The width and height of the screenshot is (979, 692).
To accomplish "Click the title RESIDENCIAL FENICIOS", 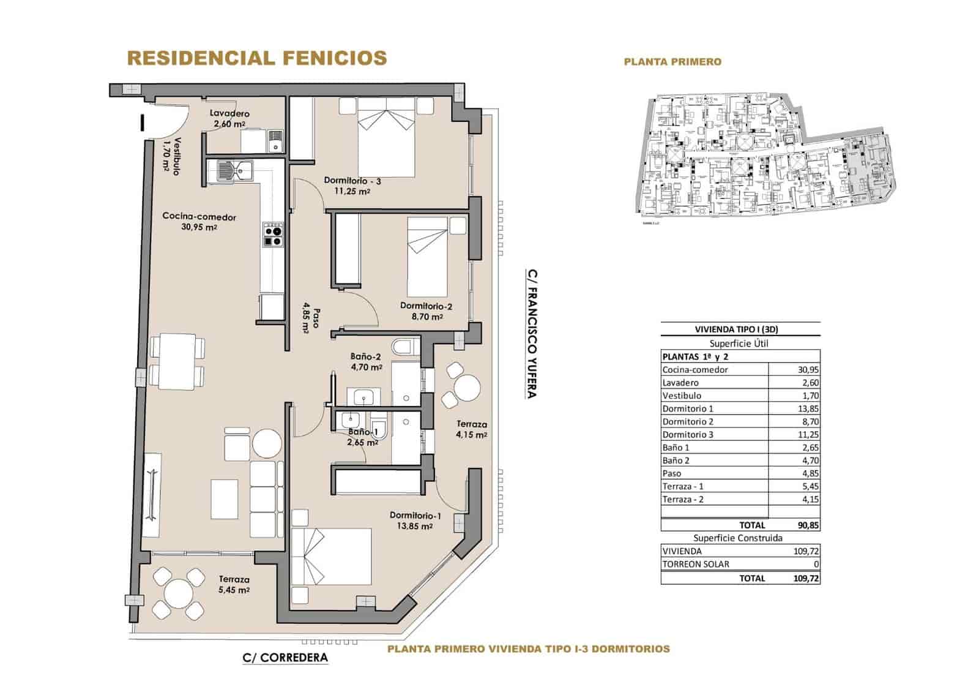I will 256,58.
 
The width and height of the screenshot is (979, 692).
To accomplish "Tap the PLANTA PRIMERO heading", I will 672,62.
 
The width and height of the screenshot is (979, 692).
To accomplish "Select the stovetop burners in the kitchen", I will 273,236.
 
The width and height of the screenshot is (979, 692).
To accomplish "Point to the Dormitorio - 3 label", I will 352,186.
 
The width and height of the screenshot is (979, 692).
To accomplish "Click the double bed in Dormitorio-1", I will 331,556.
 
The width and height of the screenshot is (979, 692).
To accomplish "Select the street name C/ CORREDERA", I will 285,658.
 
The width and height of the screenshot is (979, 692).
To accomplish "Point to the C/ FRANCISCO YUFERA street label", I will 532,334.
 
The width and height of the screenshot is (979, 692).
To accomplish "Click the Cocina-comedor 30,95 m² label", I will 199,221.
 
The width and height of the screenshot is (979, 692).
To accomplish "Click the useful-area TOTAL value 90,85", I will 808,525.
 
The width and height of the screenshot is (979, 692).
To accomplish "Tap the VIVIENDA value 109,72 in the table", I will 806,551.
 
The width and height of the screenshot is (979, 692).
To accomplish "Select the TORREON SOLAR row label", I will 696,564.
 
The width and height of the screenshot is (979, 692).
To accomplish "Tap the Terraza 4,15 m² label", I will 471,429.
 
